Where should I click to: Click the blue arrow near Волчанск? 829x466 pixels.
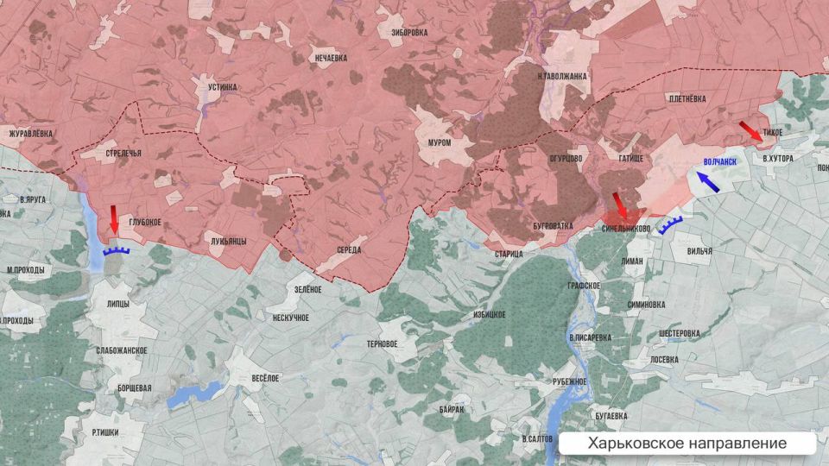point(709,180)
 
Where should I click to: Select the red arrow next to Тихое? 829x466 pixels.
point(750,131)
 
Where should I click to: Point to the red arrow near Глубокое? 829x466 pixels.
point(114,220)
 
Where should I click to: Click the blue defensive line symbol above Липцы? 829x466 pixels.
point(116,251)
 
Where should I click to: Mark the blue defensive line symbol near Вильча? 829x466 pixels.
point(670,226)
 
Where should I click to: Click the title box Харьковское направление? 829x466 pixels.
point(687,444)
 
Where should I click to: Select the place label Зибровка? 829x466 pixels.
point(409,33)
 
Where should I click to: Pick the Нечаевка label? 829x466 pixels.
point(331,58)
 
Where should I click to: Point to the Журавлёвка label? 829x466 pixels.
point(30,134)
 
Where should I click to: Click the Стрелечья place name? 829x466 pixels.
point(123,154)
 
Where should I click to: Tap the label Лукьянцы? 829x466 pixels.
point(228,242)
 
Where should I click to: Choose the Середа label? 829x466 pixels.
point(350,250)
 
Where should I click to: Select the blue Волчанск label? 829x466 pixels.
point(720,161)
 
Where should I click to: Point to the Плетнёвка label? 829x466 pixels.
point(687,99)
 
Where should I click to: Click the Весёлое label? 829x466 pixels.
point(265,378)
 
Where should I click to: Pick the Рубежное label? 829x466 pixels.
point(570,381)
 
